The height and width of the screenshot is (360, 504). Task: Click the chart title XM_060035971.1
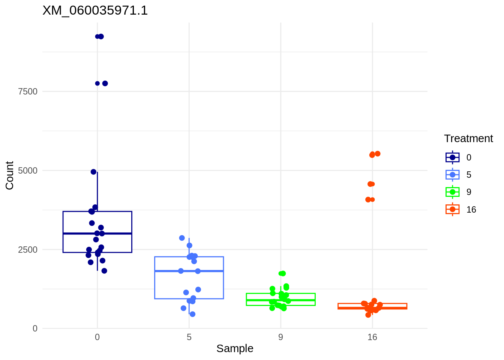tap(95, 10)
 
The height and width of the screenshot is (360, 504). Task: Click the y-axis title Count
tap(9, 175)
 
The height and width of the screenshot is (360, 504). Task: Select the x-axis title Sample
tap(235, 349)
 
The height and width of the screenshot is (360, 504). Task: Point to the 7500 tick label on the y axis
tap(28, 91)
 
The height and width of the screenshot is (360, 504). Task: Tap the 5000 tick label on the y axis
tap(28, 171)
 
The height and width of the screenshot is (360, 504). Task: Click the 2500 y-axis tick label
tap(28, 250)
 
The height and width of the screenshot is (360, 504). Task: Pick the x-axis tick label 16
tap(372, 337)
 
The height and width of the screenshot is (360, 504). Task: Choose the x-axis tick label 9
tap(280, 337)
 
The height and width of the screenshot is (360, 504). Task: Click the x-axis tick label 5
tap(189, 337)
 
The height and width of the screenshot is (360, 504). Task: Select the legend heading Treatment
tap(468, 139)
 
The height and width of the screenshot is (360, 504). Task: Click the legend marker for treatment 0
tap(453, 157)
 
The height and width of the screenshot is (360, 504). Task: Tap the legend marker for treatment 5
tap(453, 175)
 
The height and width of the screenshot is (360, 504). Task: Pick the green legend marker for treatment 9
tap(453, 192)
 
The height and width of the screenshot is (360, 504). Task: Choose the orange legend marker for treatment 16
tap(453, 209)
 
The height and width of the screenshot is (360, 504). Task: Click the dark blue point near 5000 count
tap(93, 172)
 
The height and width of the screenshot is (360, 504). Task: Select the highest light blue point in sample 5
tap(182, 238)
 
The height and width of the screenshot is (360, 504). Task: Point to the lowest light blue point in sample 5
tap(192, 314)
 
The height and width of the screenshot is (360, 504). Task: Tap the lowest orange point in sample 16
tap(368, 315)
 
